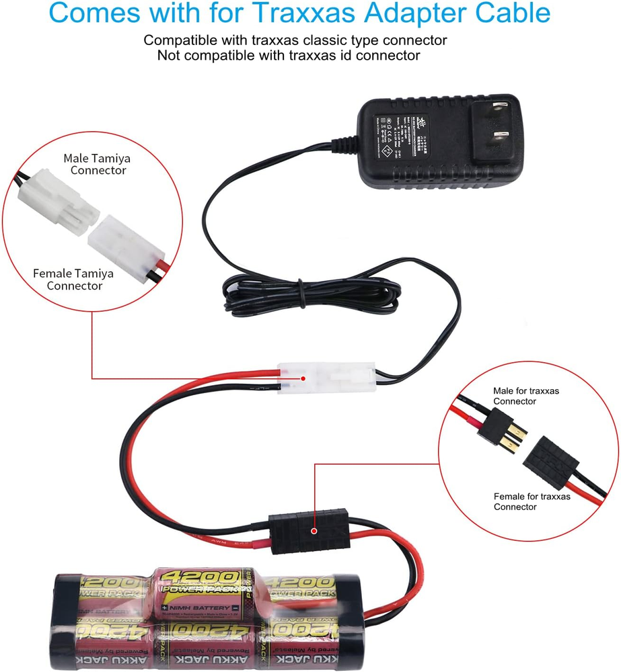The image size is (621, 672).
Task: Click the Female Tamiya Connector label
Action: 73,280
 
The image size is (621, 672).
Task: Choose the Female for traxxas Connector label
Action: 531,501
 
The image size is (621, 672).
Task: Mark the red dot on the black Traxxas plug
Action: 314,530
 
